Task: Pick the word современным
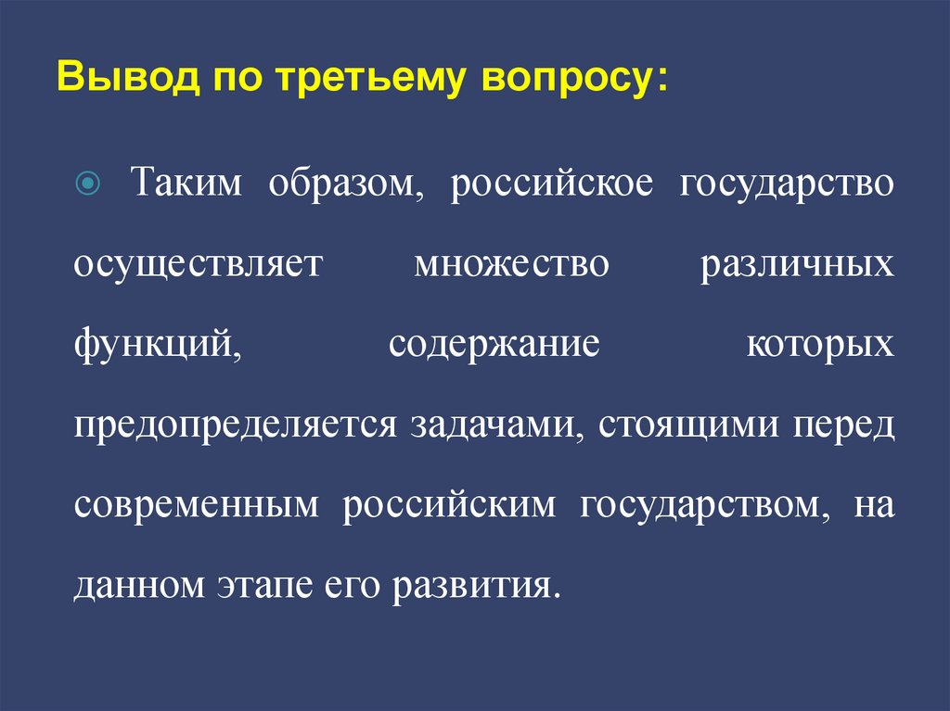click(x=198, y=507)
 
